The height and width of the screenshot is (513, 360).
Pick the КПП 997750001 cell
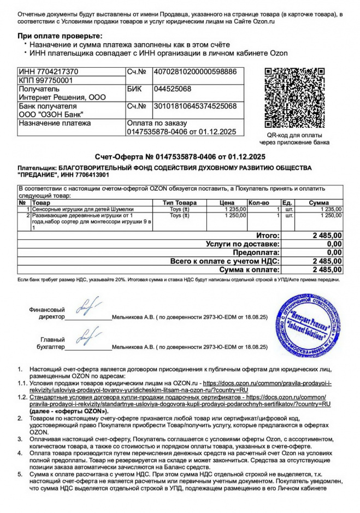tap(45, 80)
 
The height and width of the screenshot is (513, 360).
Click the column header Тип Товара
tap(180, 203)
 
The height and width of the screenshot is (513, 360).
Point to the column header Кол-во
tap(259, 203)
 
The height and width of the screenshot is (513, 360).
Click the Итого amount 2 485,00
tap(327, 235)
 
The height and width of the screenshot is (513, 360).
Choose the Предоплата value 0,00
tap(334, 252)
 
